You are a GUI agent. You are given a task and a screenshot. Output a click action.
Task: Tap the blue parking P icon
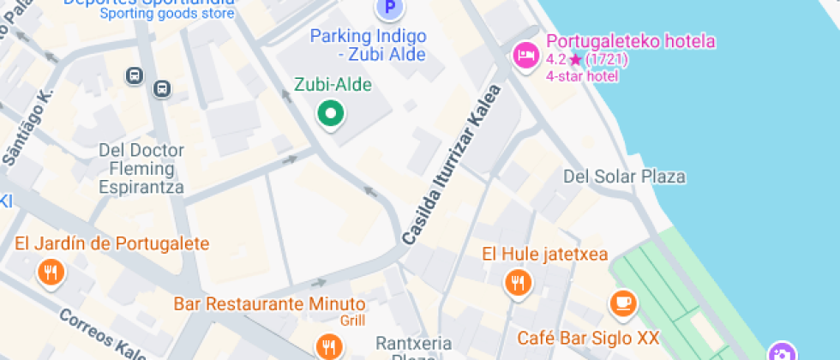pyautogui.click(x=389, y=9)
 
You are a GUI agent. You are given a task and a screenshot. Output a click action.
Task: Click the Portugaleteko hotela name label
pyautogui.click(x=631, y=41)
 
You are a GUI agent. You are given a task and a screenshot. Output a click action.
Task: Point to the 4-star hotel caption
pyautogui.click(x=582, y=75)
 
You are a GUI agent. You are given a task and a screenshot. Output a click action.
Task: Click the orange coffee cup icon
pyautogui.click(x=623, y=303)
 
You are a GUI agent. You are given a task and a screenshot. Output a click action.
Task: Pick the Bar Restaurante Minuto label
pyautogui.click(x=270, y=304)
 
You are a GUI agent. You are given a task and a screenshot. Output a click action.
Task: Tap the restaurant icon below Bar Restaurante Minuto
pyautogui.click(x=329, y=346)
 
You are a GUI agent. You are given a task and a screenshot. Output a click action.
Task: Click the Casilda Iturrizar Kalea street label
pyautogui.click(x=451, y=164)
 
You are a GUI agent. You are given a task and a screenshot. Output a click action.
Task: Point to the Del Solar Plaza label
pyautogui.click(x=624, y=177)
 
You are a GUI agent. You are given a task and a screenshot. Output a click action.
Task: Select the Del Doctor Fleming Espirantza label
pyautogui.click(x=141, y=168)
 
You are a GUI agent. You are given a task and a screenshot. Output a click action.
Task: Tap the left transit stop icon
pyautogui.click(x=134, y=76)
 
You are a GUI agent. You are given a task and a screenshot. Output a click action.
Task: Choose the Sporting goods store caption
pyautogui.click(x=167, y=13)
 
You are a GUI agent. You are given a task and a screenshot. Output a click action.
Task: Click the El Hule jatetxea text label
pyautogui.click(x=544, y=254)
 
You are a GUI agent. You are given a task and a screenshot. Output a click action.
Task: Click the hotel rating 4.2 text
pyautogui.click(x=555, y=59)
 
